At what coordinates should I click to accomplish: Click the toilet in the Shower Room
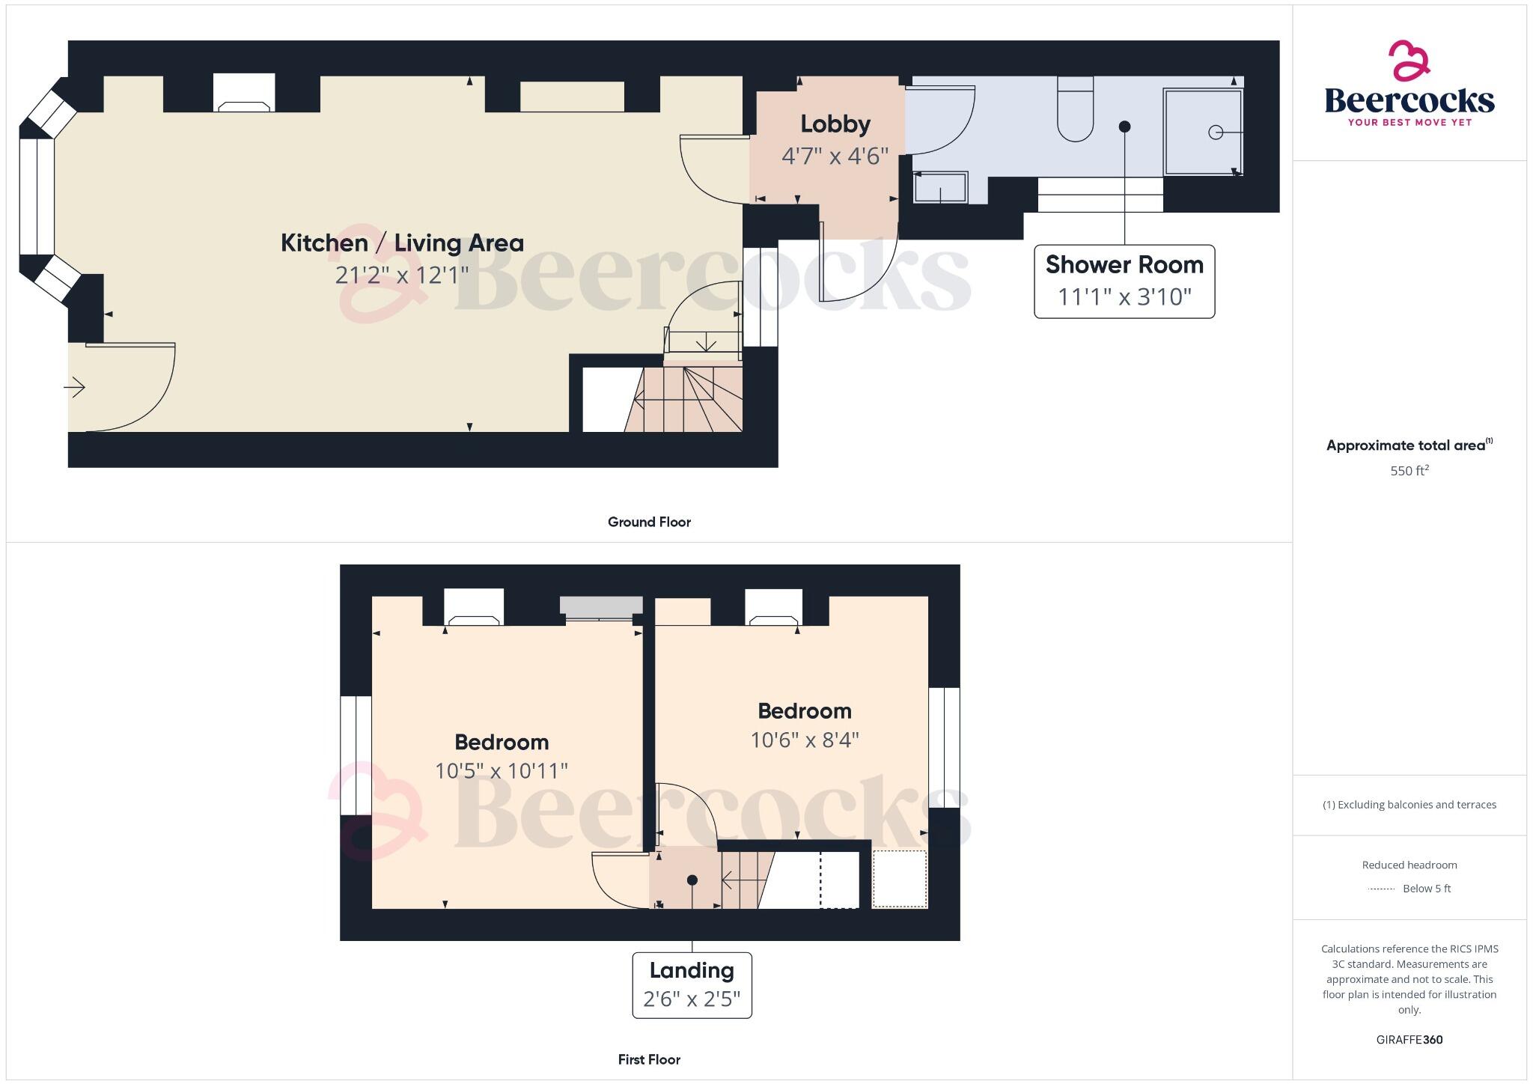tap(1075, 112)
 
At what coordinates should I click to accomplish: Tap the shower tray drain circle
tap(1215, 133)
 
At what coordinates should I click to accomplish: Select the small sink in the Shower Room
tap(940, 187)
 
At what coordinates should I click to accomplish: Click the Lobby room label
tap(835, 124)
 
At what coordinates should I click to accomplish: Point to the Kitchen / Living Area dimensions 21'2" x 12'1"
tap(402, 275)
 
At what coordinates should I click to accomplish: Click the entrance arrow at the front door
tap(75, 388)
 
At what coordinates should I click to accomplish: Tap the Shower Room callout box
tap(1124, 281)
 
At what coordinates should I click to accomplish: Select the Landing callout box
tap(692, 984)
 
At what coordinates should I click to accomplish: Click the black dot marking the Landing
tap(692, 880)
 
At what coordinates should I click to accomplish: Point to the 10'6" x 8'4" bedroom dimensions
tap(805, 740)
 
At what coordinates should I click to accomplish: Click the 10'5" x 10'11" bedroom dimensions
tap(502, 771)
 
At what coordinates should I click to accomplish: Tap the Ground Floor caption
tap(649, 522)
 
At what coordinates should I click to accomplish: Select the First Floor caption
tap(649, 1059)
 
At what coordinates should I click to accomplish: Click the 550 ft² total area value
tap(1409, 471)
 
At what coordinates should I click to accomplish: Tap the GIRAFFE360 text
tap(1409, 1040)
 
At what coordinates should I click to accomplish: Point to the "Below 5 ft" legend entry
tap(1426, 889)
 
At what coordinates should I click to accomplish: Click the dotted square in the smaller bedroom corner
tap(900, 879)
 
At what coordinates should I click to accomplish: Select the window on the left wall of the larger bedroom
tap(356, 755)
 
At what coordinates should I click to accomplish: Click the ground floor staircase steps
tap(685, 401)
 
